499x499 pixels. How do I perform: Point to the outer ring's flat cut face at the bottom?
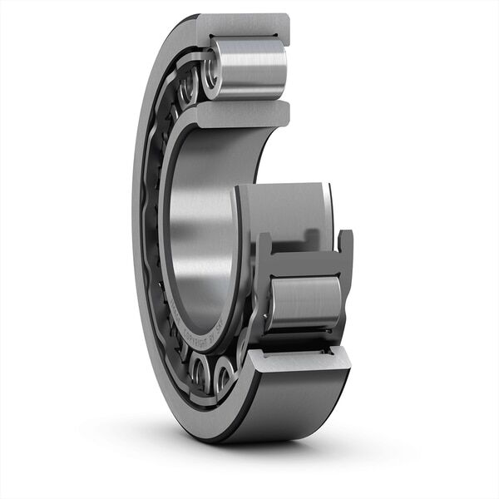pos(299,359)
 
